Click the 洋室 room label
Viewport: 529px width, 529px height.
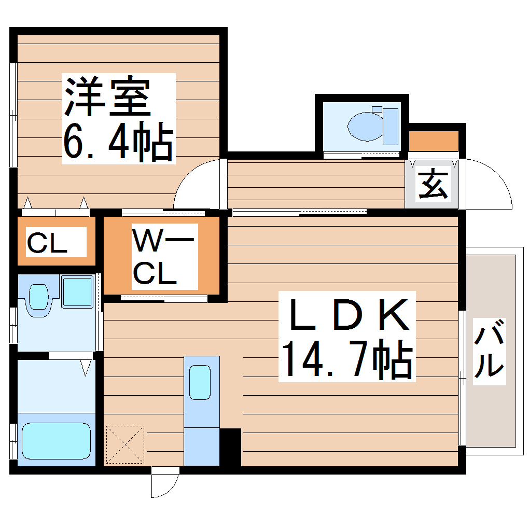[x=107, y=97]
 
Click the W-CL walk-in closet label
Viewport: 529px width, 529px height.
[x=162, y=257]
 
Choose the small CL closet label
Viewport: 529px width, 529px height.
[x=47, y=243]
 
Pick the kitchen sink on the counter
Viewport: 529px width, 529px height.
[x=200, y=382]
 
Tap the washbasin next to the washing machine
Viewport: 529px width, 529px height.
[x=38, y=298]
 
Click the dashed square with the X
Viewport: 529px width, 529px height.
[x=124, y=444]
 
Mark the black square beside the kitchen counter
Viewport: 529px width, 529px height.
[x=230, y=447]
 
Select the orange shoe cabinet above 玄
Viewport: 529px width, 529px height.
[x=434, y=141]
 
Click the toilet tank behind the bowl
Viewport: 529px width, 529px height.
[x=390, y=126]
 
